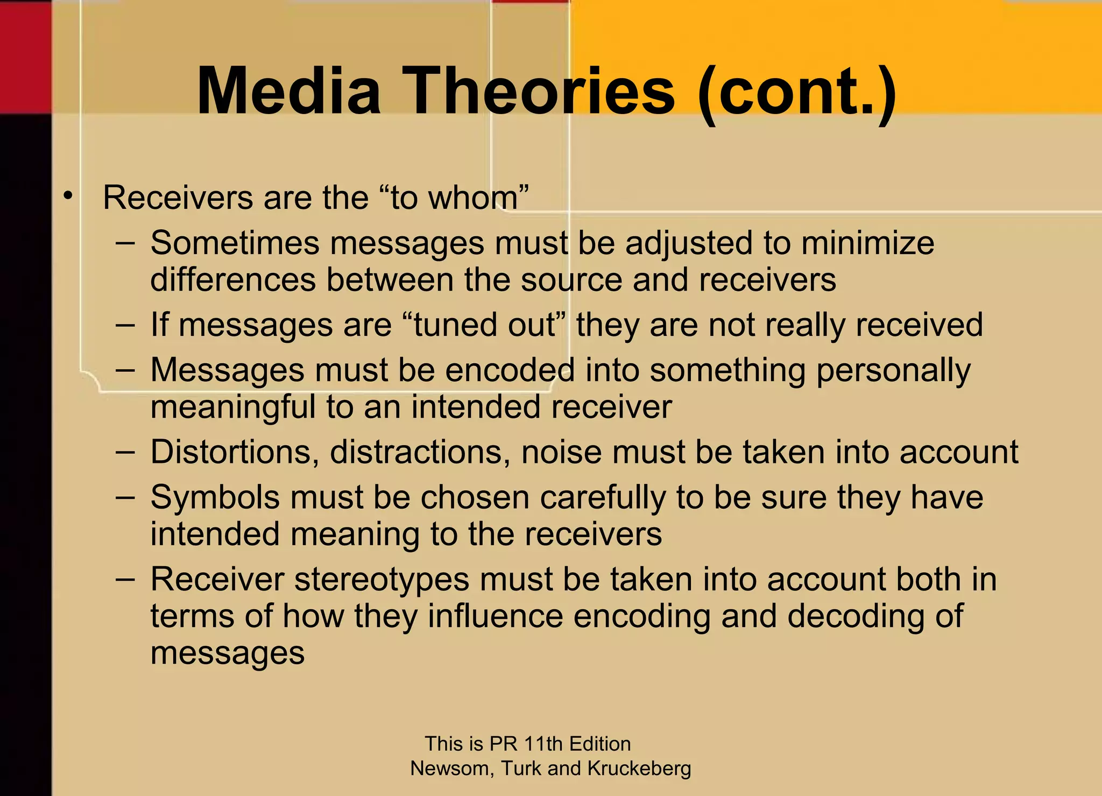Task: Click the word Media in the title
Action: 289,90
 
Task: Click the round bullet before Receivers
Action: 67,196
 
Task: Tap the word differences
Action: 232,280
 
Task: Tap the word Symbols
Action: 215,497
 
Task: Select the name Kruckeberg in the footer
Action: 639,769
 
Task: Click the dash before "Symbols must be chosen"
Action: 125,496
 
